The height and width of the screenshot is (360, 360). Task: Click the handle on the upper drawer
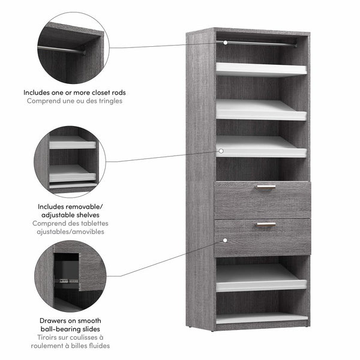[x=266, y=187]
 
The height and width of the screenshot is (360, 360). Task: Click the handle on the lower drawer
[x=266, y=224]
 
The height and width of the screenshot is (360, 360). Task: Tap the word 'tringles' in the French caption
[x=109, y=101]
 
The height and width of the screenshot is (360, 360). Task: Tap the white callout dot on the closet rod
[x=225, y=43]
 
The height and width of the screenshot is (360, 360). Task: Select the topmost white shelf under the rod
[x=262, y=68]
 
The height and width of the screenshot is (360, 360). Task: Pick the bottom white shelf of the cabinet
[x=262, y=317]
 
